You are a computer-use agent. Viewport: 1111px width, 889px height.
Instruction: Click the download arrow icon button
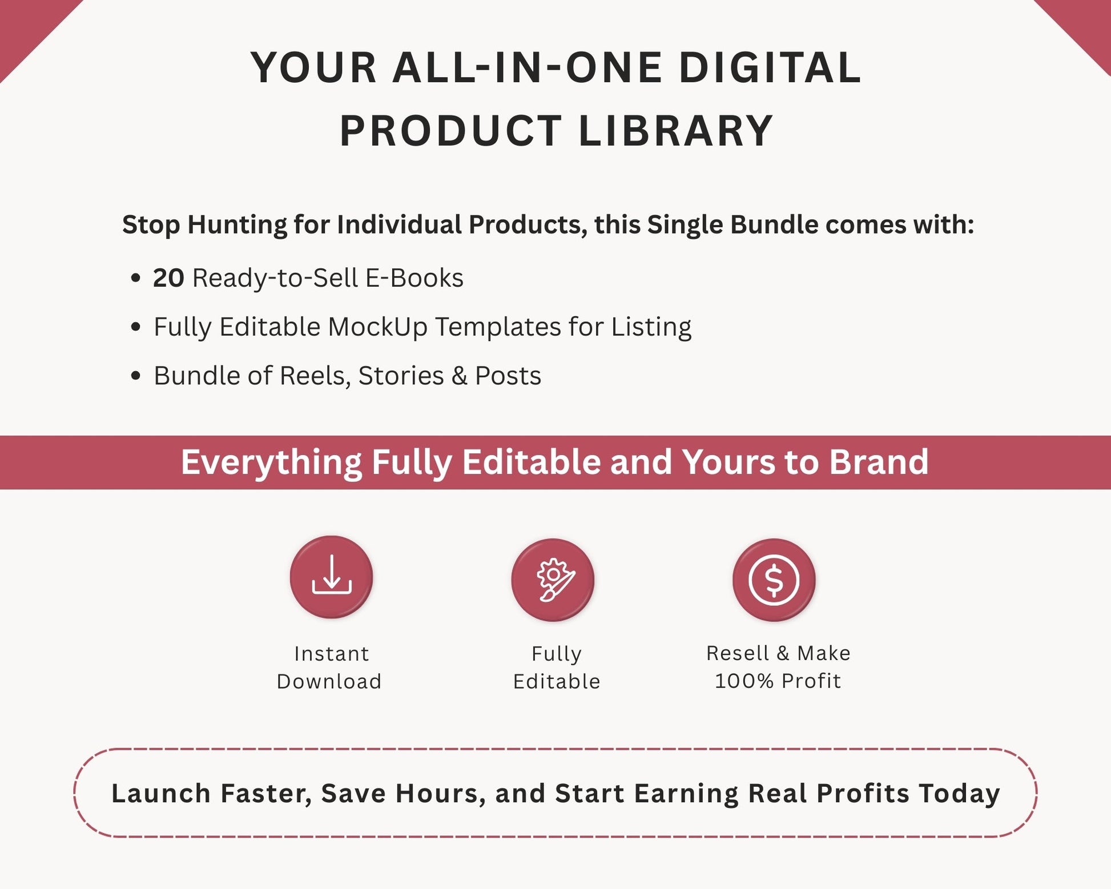(331, 577)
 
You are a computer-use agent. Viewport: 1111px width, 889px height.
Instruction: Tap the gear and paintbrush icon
(553, 580)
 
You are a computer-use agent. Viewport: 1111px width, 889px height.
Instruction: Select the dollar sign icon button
(774, 580)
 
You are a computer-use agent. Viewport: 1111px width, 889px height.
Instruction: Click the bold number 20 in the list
(168, 278)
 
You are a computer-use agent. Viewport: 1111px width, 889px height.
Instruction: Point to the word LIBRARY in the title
(676, 131)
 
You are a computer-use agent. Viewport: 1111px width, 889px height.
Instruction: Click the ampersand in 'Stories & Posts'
(459, 376)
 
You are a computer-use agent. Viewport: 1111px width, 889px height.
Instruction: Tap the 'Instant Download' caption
(329, 667)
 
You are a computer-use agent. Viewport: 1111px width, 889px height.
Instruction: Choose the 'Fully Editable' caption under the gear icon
(557, 667)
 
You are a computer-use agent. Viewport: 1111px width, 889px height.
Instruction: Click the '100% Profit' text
(778, 681)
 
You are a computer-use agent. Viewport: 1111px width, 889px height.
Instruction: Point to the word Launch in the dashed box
(161, 794)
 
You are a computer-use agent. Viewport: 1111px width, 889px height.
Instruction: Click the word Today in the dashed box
(959, 794)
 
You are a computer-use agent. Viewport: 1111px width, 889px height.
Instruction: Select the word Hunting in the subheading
(237, 224)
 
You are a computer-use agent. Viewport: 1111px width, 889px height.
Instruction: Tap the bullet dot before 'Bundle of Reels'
(135, 376)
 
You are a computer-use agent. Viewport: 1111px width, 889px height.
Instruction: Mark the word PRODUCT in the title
(451, 131)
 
